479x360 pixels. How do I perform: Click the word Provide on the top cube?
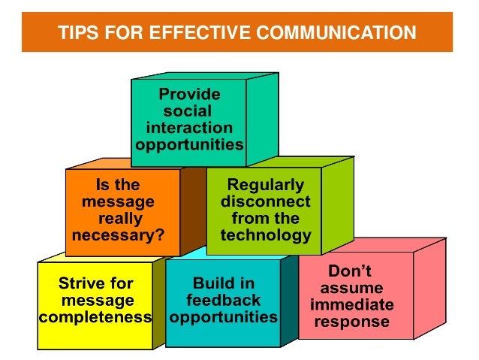point(189,95)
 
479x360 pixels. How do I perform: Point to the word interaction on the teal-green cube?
point(189,127)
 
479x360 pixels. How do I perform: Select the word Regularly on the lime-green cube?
point(266,185)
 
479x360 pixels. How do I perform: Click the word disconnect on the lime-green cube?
point(266,201)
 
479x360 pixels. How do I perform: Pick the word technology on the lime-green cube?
point(266,235)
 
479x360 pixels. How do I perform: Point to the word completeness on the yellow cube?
point(95,316)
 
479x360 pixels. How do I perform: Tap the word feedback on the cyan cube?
point(223,300)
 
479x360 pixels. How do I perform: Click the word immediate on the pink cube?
point(351,305)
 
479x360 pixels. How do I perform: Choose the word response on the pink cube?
point(351,322)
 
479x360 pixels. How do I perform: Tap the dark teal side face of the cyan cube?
point(288,301)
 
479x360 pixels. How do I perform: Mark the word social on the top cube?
point(189,111)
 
